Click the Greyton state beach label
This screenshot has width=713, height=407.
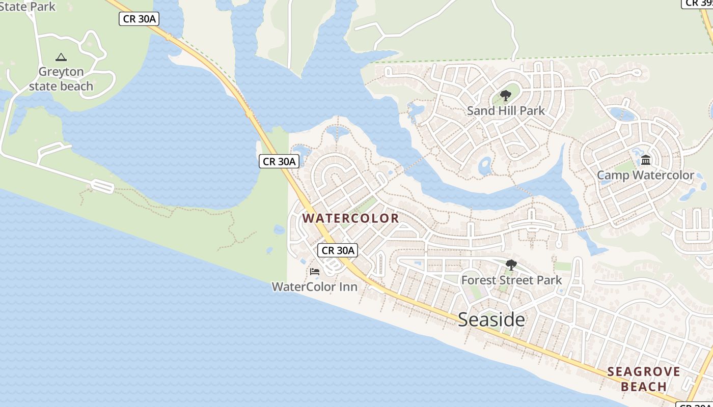point(61,79)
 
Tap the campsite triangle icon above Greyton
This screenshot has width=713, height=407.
point(61,57)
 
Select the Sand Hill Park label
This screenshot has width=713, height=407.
point(506,110)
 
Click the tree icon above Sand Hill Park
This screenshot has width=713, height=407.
point(505,95)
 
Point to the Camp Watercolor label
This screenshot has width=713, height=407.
point(645,175)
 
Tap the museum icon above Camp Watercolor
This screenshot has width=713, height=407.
point(646,160)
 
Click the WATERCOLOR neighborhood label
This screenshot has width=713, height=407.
point(351,218)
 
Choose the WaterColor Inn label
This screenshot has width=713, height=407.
point(314,286)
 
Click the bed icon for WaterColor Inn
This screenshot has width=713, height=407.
point(314,272)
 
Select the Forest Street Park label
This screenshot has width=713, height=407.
point(511,280)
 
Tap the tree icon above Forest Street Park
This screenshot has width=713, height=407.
point(511,265)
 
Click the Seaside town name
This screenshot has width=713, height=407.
point(491,319)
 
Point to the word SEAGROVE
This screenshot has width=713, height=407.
point(644,371)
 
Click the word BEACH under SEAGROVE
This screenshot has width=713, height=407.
point(644,387)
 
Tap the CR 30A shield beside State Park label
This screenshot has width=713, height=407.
point(139,19)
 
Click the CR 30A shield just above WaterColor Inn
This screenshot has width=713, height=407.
point(338,250)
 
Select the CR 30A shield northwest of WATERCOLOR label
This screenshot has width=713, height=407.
point(279,161)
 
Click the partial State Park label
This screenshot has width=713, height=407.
point(28,7)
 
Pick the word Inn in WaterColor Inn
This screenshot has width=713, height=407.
point(348,286)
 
